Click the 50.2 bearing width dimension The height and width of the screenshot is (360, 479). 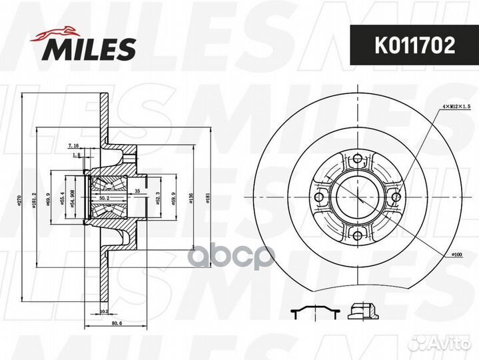pyautogui.click(x=103, y=198)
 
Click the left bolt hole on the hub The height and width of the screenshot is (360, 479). pyautogui.click(x=321, y=197)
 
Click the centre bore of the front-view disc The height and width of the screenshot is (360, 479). pyautogui.click(x=358, y=197)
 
